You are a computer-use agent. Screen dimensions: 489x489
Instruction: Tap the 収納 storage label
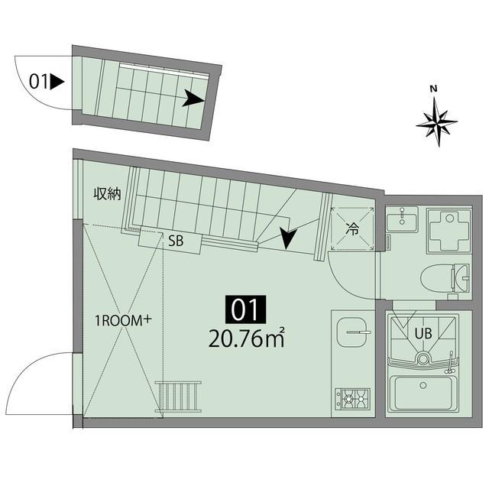108,194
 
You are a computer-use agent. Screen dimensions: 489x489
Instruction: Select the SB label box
175,241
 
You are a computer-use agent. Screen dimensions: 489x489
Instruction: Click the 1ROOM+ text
121,322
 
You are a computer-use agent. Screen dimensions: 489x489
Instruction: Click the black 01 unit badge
244,309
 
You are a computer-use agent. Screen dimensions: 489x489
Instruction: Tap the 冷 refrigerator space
352,228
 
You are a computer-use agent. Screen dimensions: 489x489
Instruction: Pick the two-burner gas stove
352,397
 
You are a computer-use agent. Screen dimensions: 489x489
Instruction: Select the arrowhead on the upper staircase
193,97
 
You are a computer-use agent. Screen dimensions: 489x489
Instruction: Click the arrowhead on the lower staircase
288,239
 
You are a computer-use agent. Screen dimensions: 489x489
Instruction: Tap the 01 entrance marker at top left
40,80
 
